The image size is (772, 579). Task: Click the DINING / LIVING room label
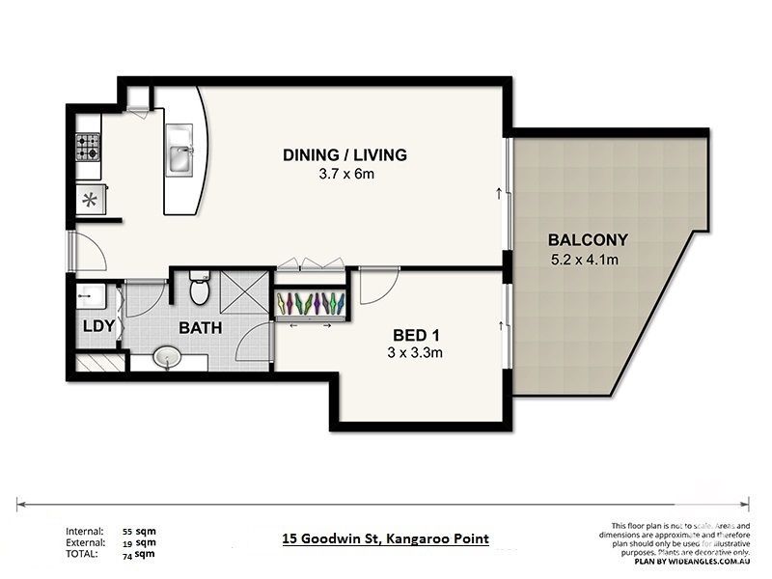345,154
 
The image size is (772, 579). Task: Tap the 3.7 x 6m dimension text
345,175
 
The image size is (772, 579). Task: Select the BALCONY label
588,240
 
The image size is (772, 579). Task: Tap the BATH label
200,328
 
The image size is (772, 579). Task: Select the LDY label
98,326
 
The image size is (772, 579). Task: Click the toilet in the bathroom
200,288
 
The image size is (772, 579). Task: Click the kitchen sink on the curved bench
181,157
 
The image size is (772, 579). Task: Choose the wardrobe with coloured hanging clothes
311,303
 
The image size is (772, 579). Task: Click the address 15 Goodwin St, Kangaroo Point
385,539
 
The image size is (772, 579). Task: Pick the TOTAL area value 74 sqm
139,554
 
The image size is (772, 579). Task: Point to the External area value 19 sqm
139,543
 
